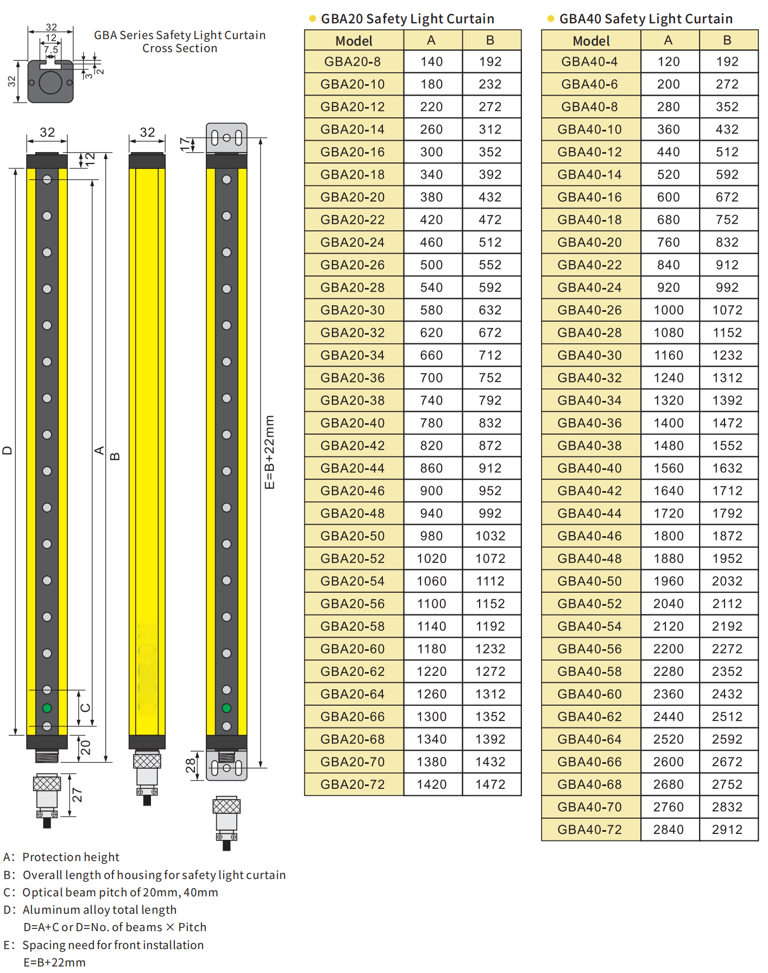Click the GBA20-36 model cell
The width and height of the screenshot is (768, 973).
pyautogui.click(x=354, y=378)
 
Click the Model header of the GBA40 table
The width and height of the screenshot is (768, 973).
pyautogui.click(x=591, y=41)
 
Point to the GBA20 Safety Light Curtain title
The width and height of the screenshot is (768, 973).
pyautogui.click(x=407, y=19)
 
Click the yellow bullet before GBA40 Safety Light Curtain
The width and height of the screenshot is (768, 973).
pyautogui.click(x=551, y=18)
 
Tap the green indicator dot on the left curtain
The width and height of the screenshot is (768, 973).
pyautogui.click(x=47, y=708)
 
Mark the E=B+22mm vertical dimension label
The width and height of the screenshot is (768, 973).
pyautogui.click(x=269, y=452)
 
